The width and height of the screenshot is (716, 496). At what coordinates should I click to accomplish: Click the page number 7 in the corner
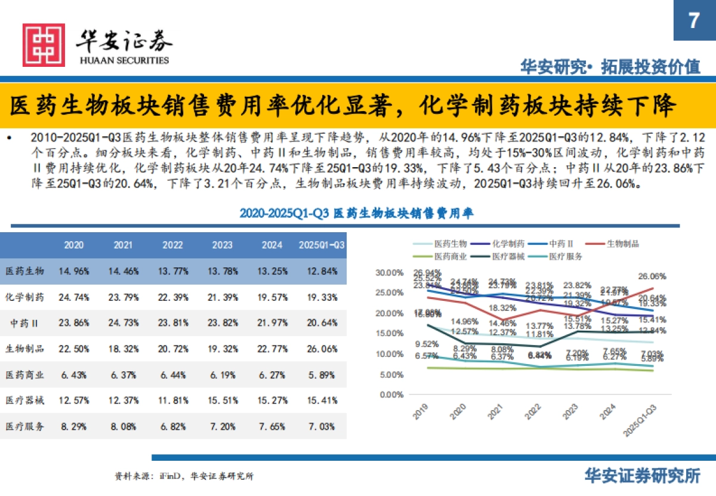(694, 21)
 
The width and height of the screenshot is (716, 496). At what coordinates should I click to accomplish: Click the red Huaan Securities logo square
(43, 45)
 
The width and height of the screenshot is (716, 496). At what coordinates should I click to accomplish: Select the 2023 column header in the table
(223, 245)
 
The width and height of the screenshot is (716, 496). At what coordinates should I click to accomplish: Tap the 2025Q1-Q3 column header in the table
(322, 245)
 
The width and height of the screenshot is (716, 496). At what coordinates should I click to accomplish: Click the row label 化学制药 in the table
(25, 297)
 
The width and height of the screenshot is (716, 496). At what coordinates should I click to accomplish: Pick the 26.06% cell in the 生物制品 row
(322, 349)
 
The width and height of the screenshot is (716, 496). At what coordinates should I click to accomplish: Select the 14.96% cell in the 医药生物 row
(74, 271)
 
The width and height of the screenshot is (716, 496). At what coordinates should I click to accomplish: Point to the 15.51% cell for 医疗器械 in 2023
(223, 400)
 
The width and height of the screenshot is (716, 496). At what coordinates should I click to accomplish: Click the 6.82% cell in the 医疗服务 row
(173, 426)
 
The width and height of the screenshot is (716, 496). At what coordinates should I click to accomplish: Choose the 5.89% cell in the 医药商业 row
(322, 374)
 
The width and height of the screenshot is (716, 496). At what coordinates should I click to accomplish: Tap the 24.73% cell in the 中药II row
(124, 323)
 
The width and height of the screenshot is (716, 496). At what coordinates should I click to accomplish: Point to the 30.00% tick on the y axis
(391, 273)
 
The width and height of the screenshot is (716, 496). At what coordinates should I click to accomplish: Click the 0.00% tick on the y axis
(393, 395)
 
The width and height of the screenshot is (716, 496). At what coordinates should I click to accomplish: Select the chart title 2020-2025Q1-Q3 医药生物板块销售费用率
(357, 213)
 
